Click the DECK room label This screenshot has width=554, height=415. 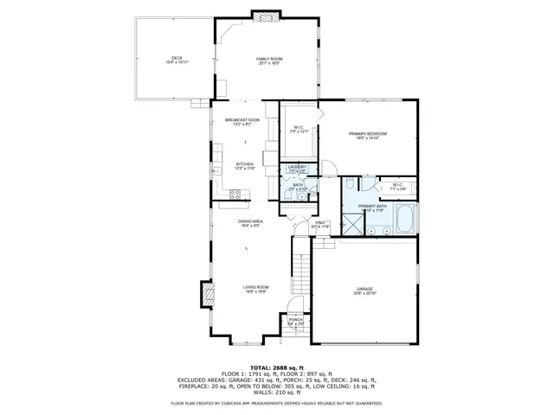pos(177,60)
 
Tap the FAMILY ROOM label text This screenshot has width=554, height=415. pos(270,61)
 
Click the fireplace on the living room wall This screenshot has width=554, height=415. pos(206,294)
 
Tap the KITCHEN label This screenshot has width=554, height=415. pos(245,166)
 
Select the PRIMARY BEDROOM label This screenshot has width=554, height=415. pos(367,135)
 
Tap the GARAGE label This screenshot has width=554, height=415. pos(364,291)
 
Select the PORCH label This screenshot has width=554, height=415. pos(296,322)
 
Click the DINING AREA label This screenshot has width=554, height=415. pos(251,223)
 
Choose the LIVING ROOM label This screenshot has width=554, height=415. pos(255,289)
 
